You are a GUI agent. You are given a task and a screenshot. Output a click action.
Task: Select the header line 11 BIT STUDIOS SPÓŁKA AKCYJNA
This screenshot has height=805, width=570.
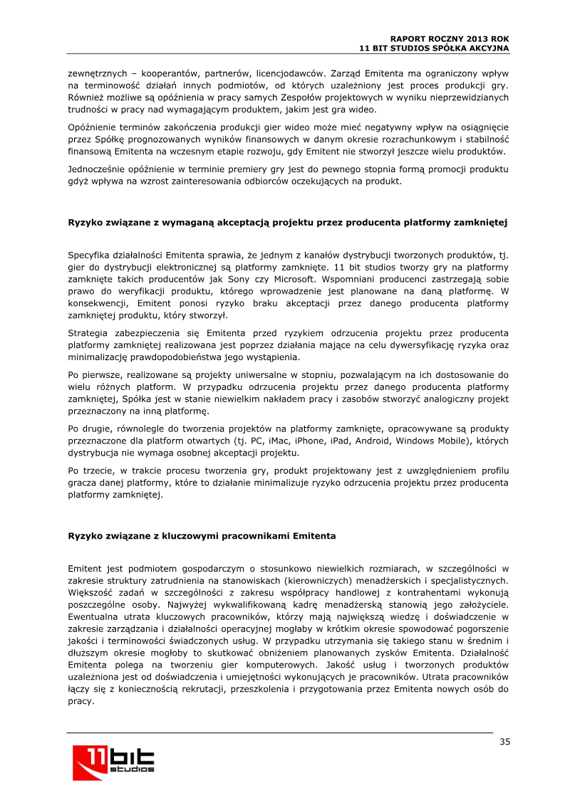coord(434,47)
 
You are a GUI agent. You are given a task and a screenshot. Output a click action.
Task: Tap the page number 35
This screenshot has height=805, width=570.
coord(504,742)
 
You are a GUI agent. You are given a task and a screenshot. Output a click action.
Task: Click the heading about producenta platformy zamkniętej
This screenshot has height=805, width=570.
coord(287,222)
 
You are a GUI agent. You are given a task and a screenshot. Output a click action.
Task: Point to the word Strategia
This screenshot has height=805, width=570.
coord(88,332)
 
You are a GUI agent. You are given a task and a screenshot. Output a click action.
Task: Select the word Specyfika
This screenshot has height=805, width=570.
coord(90,255)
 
